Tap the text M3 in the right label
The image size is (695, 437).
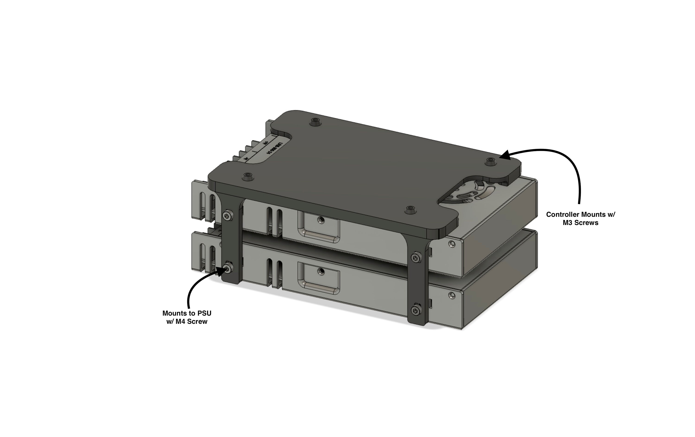click(569, 223)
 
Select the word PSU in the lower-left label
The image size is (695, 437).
click(204, 313)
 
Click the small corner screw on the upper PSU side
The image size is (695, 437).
click(452, 244)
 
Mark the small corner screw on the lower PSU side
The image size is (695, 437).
click(452, 295)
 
